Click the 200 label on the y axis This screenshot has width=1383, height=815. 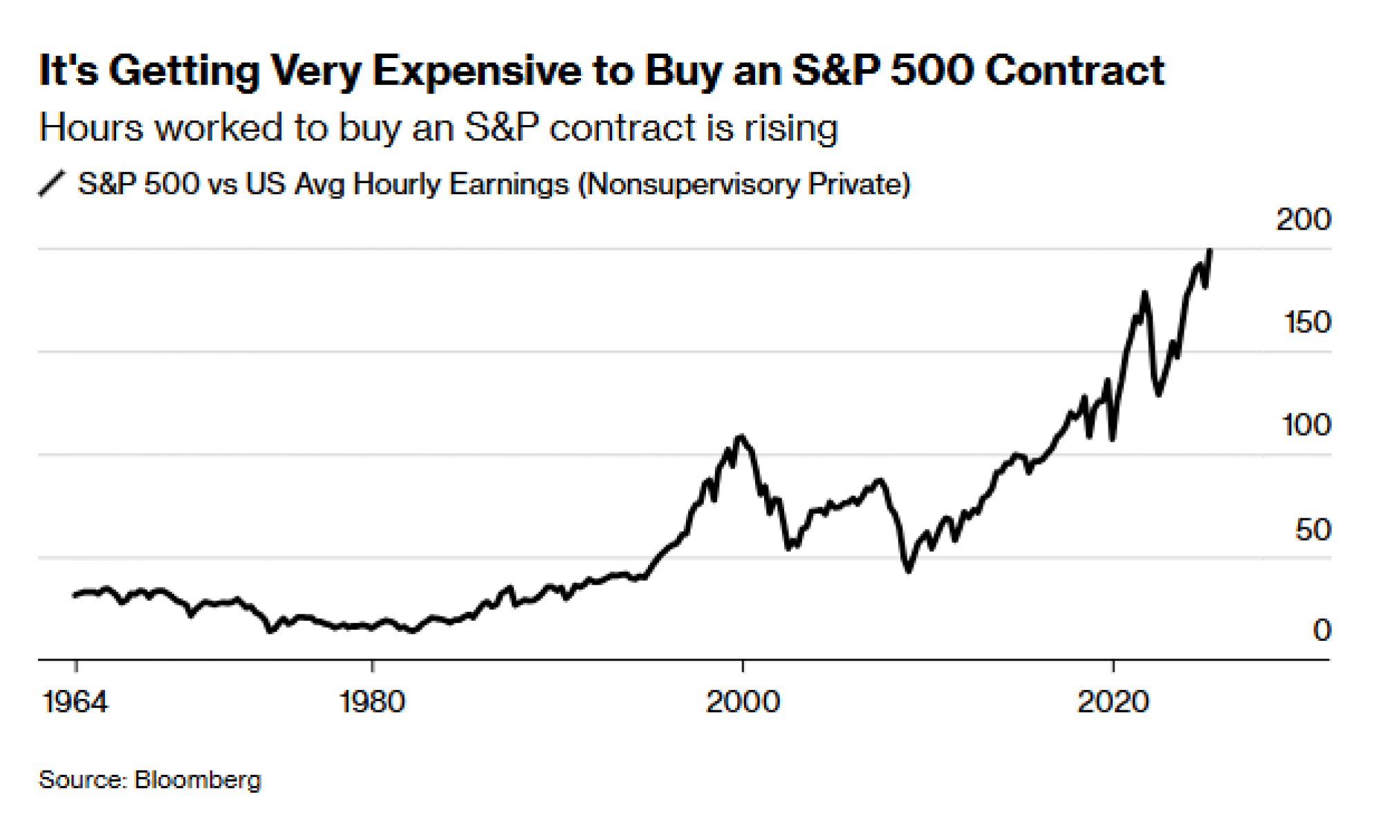pos(1303,220)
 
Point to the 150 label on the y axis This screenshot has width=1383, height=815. pos(1306,322)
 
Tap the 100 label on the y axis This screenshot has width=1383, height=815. pos(1306,424)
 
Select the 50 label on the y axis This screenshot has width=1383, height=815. pos(1312,530)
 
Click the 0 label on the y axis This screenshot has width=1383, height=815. pos(1321,630)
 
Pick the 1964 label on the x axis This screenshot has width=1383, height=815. pos(75,702)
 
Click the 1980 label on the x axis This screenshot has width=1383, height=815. pos(372,702)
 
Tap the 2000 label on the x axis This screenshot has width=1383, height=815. pos(743,702)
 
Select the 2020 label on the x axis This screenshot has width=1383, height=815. pos(1113,702)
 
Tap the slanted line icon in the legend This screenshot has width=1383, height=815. pos(52,184)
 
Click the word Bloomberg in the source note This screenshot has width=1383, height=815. pos(198,780)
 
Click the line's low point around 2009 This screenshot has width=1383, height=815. pos(908,571)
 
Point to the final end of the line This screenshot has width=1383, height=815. pos(1209,250)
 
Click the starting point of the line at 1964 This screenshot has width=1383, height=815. pos(75,594)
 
